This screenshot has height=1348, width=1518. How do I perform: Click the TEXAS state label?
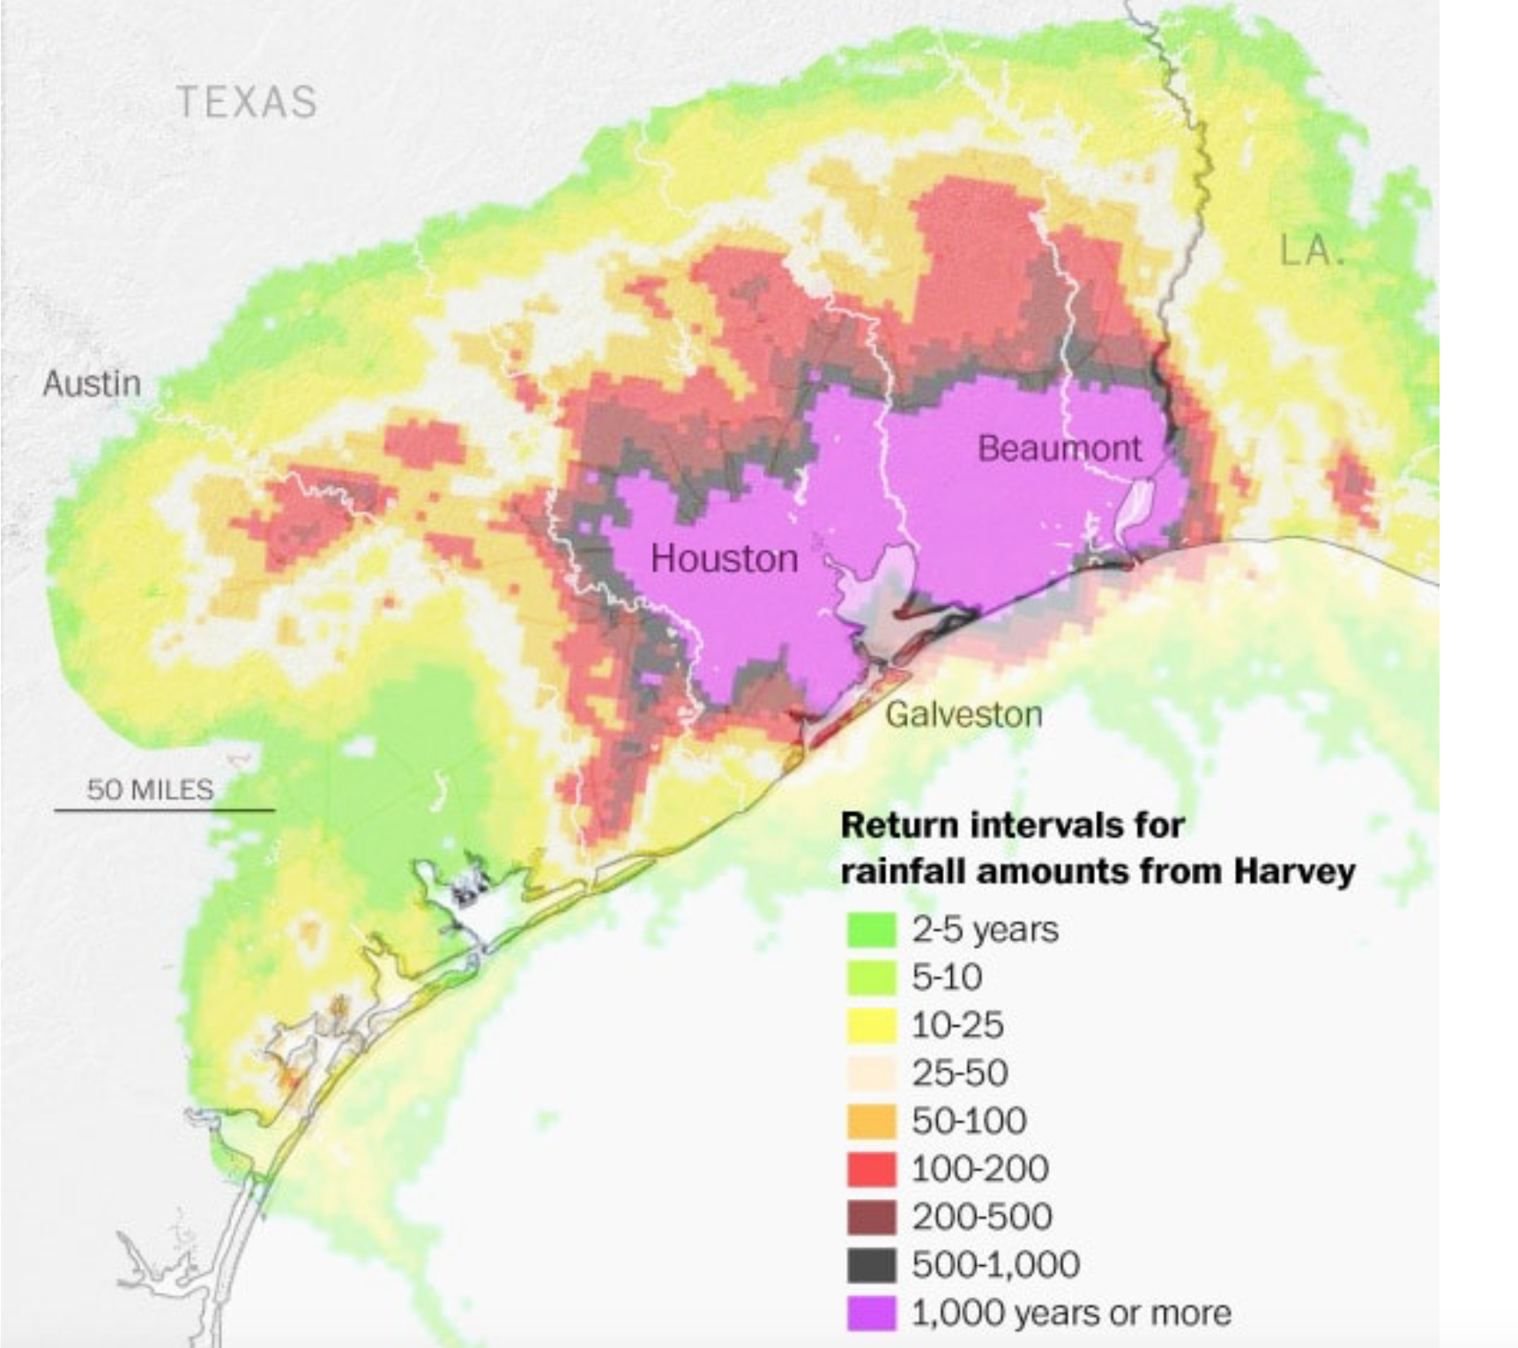(247, 101)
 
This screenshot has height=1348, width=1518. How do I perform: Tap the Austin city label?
(92, 383)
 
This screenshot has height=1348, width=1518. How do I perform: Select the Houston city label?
(724, 559)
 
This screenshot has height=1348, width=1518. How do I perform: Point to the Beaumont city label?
(1059, 448)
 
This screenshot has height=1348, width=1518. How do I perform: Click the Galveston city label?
(964, 714)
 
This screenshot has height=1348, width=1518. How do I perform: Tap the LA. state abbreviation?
(1312, 250)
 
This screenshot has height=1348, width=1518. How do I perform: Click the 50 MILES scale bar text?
(150, 789)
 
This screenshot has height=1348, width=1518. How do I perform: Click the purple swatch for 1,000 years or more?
(871, 1313)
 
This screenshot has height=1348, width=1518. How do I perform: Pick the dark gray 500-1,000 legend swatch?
(871, 1265)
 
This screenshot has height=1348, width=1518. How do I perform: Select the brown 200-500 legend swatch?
(871, 1217)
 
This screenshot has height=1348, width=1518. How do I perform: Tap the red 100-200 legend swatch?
(871, 1169)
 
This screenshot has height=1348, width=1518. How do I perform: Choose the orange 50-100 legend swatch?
(871, 1121)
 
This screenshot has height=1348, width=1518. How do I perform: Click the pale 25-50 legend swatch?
(871, 1073)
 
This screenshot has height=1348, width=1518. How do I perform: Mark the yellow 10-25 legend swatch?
(871, 1025)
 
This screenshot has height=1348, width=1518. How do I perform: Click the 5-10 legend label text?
(947, 977)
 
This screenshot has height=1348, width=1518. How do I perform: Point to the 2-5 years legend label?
(985, 930)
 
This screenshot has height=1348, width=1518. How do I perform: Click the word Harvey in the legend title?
(1294, 871)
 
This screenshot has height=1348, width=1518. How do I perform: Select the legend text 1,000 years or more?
(1071, 1313)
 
